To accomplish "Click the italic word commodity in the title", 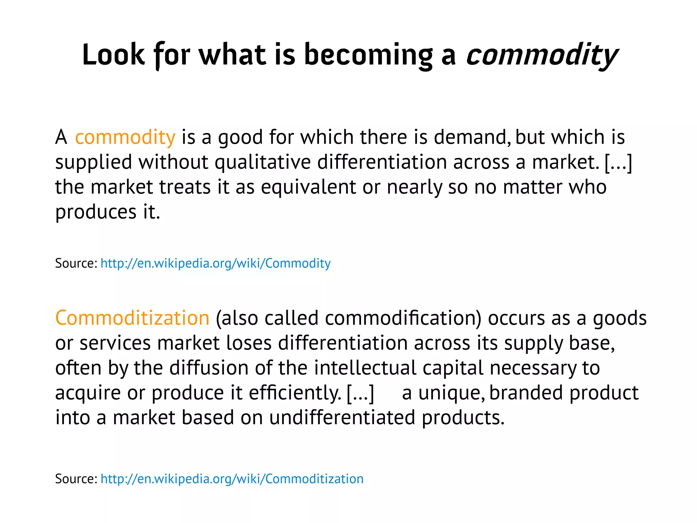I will tap(542, 55).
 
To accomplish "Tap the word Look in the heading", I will tap(113, 55).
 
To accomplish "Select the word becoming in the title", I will tap(368, 55).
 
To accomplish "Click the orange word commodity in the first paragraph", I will tap(125, 137).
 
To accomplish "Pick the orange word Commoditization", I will tap(132, 318).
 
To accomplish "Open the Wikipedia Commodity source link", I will tap(215, 264).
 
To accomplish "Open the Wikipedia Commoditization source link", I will tap(232, 479).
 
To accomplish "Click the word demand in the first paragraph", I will tap(472, 137).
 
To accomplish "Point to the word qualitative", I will tap(262, 162).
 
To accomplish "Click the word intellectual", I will tap(365, 368).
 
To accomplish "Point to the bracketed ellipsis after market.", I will tap(618, 162).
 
